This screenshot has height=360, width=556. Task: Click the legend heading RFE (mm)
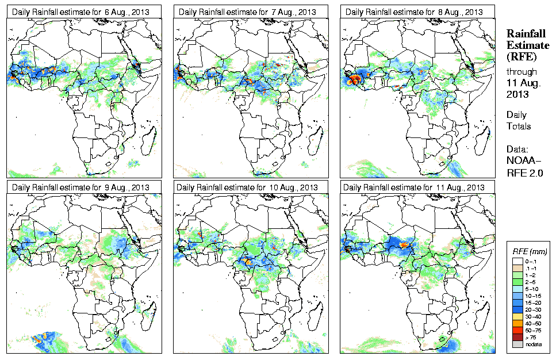[530, 251]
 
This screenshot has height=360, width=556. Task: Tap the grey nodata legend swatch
[517, 344]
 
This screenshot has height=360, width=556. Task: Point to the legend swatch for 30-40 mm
[517, 315]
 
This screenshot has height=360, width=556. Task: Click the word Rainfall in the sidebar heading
[526, 34]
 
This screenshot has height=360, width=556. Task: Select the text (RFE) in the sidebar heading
[521, 56]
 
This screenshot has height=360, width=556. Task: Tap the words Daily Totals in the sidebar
[519, 121]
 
